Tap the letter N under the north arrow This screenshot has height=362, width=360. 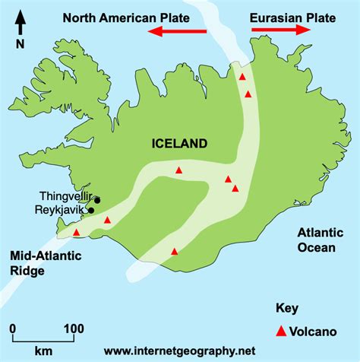pyautogui.click(x=19, y=43)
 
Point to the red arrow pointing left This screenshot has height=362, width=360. pyautogui.click(x=178, y=30)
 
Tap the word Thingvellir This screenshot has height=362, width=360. pyautogui.click(x=63, y=196)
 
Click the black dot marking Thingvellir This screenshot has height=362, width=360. pyautogui.click(x=96, y=200)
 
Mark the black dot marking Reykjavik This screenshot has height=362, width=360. pyautogui.click(x=91, y=211)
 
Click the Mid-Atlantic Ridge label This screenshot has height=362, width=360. pyautogui.click(x=38, y=264)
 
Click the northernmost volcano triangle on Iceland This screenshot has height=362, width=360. pyautogui.click(x=242, y=77)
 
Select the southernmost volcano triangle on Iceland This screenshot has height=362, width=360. pyautogui.click(x=175, y=251)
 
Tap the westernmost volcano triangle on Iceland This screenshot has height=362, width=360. pyautogui.click(x=76, y=233)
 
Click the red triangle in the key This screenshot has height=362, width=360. pyautogui.click(x=281, y=331)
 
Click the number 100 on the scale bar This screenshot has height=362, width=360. pyautogui.click(x=73, y=329)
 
